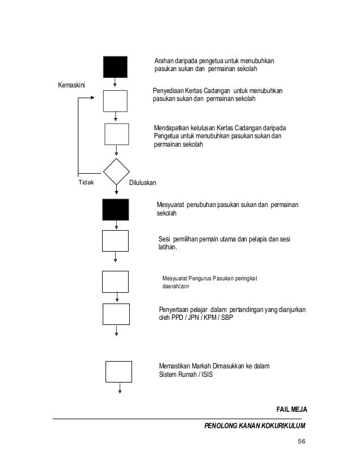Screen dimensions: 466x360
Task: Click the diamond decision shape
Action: (x=117, y=172)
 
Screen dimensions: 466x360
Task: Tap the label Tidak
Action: (x=86, y=183)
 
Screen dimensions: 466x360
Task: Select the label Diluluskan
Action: (x=143, y=183)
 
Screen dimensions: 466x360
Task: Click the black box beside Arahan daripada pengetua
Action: (x=115, y=67)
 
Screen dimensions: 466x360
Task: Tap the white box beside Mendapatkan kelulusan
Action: (x=117, y=135)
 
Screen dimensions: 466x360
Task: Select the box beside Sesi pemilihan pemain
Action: (x=116, y=240)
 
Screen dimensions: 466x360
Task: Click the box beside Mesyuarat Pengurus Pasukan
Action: (x=116, y=282)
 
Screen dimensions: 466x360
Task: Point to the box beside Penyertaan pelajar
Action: (x=116, y=314)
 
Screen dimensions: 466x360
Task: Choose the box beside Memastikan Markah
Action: (x=119, y=371)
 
